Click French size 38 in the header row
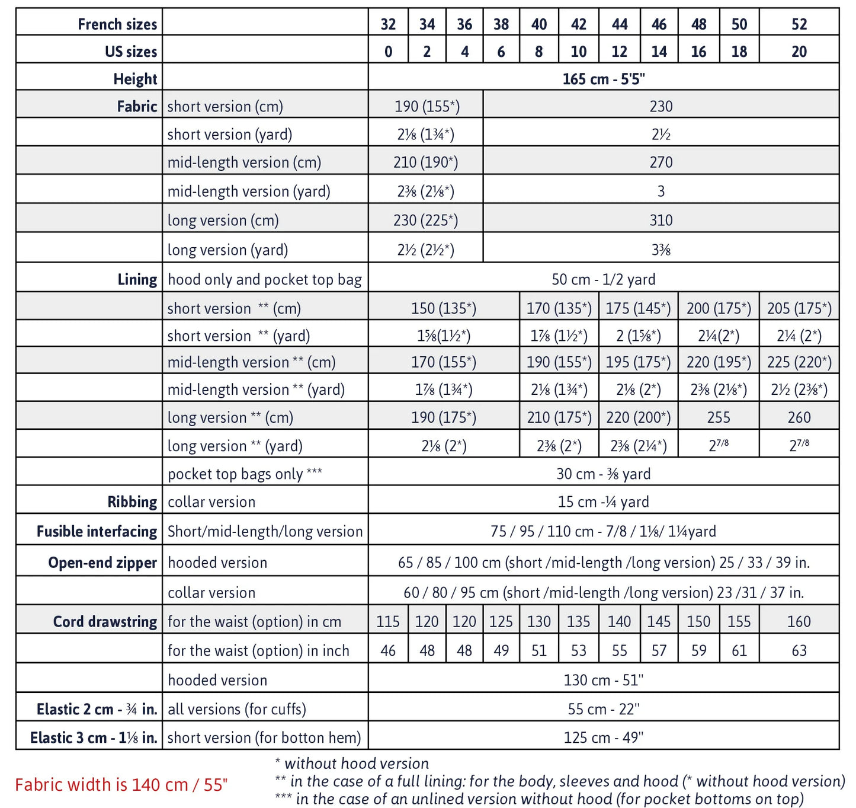click(x=501, y=24)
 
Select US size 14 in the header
click(x=659, y=52)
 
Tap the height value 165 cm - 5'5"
click(x=603, y=79)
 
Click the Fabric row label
click(x=137, y=107)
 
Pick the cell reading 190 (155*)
click(x=427, y=107)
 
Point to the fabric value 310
click(x=661, y=221)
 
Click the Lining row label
click(x=137, y=280)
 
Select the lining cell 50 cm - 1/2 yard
click(x=603, y=280)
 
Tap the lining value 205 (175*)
click(x=799, y=308)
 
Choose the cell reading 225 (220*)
click(x=799, y=362)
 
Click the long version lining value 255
click(x=718, y=417)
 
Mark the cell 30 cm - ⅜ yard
click(x=603, y=474)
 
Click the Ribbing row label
click(x=132, y=502)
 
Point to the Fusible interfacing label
click(x=97, y=532)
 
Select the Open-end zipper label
click(x=102, y=563)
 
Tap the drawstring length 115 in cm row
click(x=388, y=622)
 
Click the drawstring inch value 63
click(x=799, y=651)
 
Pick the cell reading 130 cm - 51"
click(x=603, y=680)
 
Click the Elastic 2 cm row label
click(x=97, y=710)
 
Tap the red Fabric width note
click(x=121, y=785)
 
